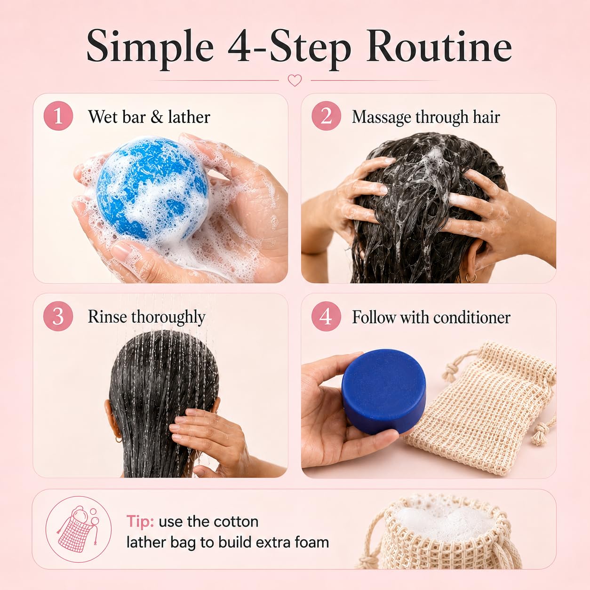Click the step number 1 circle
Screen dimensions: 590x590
pos(58,116)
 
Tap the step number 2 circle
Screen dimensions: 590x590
pos(326,116)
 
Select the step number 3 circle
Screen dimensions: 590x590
pos(58,316)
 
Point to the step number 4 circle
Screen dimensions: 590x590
pos(326,316)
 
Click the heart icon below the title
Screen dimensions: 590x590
pos(295,80)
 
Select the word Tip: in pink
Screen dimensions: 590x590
pos(140,521)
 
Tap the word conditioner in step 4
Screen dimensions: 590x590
pos(472,317)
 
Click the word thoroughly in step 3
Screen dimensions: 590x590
pos(168,318)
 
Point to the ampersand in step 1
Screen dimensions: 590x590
pos(157,117)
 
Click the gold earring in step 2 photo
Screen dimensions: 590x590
pos(471,278)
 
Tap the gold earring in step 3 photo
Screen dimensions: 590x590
pos(118,440)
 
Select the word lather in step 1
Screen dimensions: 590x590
pos(189,117)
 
